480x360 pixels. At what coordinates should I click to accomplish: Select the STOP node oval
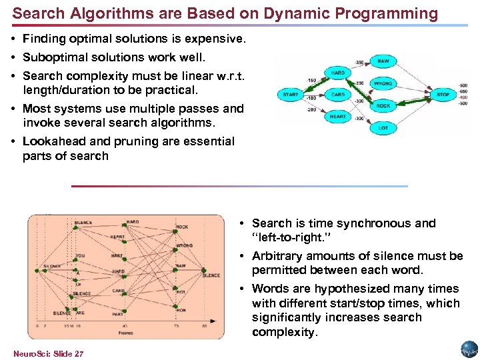click(443, 95)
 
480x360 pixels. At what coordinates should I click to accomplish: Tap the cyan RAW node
click(383, 61)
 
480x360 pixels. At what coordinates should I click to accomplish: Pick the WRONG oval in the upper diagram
click(383, 83)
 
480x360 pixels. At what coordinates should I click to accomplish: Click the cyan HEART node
click(338, 117)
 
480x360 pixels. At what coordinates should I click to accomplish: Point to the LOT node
click(383, 127)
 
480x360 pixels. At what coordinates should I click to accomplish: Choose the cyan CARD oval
click(338, 95)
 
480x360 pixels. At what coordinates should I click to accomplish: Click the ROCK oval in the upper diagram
click(383, 105)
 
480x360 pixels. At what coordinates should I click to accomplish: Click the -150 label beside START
click(311, 81)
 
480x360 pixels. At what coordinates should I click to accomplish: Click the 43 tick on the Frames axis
click(125, 327)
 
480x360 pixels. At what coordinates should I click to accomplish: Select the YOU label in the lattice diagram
click(80, 255)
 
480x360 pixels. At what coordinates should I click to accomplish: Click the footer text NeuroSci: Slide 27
click(48, 353)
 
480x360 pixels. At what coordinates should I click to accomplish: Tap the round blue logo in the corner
click(469, 349)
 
